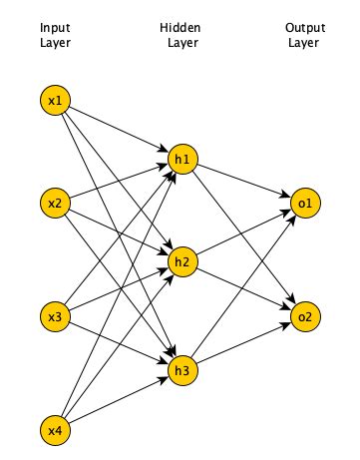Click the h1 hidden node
tap(181, 160)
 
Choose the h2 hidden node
tap(181, 262)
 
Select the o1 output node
tap(304, 205)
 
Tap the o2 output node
tap(304, 317)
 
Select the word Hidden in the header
tap(180, 27)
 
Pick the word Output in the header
tap(303, 27)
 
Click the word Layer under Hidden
tap(180, 42)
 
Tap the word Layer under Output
tap(303, 42)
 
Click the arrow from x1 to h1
tap(119, 130)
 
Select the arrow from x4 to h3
tap(119, 402)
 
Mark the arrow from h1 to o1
tap(242, 182)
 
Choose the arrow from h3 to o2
tap(242, 346)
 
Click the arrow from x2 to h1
tap(119, 183)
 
